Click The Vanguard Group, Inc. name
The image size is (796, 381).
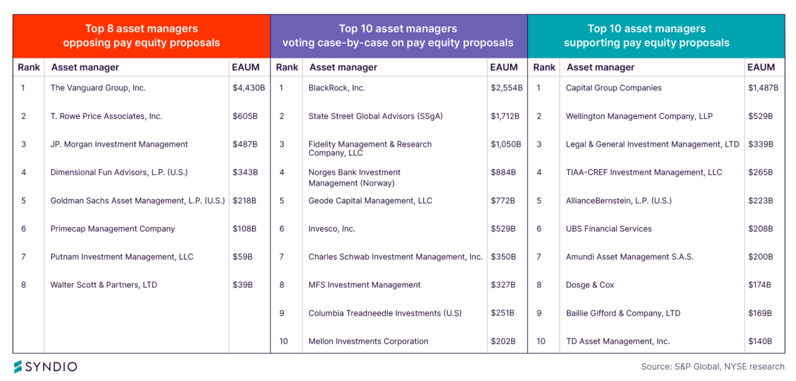click(98, 88)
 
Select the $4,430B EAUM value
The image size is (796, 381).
click(249, 88)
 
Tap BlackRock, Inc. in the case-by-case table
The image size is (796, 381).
click(336, 88)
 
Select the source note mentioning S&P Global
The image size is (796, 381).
click(712, 366)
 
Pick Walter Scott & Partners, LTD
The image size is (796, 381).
click(103, 285)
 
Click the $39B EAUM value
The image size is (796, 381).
click(242, 285)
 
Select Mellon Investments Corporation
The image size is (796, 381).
click(368, 341)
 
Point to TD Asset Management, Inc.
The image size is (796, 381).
click(618, 341)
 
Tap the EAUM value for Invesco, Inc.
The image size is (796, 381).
click(503, 228)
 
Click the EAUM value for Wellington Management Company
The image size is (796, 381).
click(760, 116)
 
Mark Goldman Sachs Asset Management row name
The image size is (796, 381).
click(137, 200)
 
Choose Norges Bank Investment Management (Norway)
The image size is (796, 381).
click(354, 177)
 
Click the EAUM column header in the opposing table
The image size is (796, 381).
click(245, 67)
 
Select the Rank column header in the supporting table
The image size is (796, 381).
click(544, 67)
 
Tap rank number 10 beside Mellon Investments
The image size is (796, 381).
click(284, 341)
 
